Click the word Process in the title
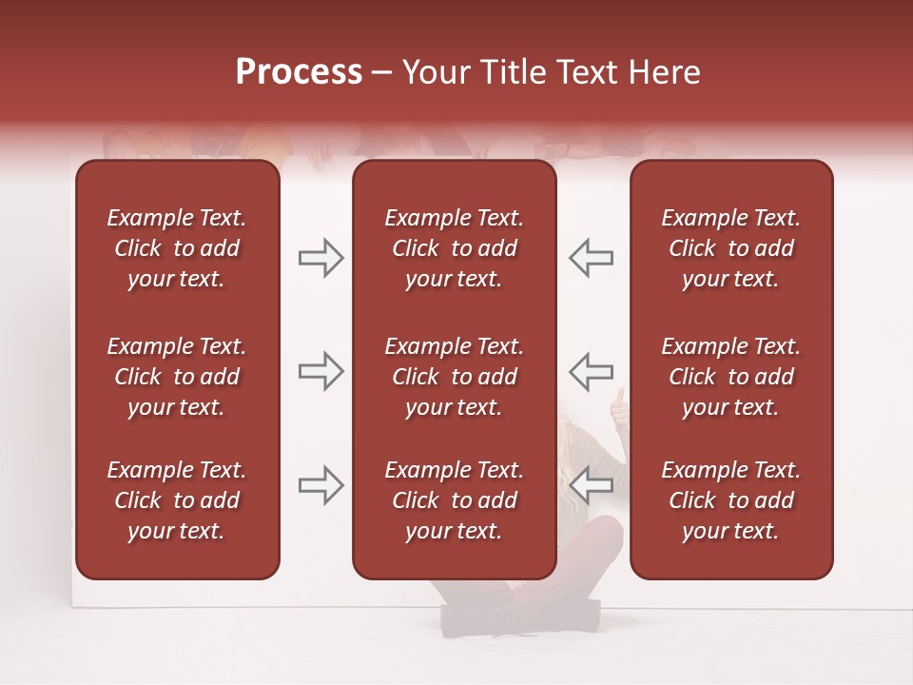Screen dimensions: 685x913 pyautogui.click(x=299, y=72)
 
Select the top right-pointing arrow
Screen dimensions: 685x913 pyautogui.click(x=321, y=258)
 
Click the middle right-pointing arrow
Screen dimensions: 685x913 pyautogui.click(x=321, y=371)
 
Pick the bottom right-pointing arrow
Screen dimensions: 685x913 pyautogui.click(x=321, y=485)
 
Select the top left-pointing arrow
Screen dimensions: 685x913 pyautogui.click(x=591, y=258)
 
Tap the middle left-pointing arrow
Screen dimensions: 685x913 pyautogui.click(x=591, y=371)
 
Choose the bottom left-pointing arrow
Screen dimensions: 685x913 pyautogui.click(x=591, y=485)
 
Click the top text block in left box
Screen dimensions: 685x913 pyautogui.click(x=177, y=248)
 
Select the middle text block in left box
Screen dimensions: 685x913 pyautogui.click(x=177, y=377)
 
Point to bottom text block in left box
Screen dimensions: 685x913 pyautogui.click(x=177, y=500)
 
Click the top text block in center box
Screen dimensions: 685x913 pyautogui.click(x=454, y=248)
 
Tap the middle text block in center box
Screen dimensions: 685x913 pyautogui.click(x=454, y=377)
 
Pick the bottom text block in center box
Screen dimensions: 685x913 pyautogui.click(x=454, y=500)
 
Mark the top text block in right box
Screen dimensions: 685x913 pyautogui.click(x=730, y=248)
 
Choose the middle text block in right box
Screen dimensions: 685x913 pyautogui.click(x=730, y=377)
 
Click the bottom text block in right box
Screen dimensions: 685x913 pyautogui.click(x=730, y=500)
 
